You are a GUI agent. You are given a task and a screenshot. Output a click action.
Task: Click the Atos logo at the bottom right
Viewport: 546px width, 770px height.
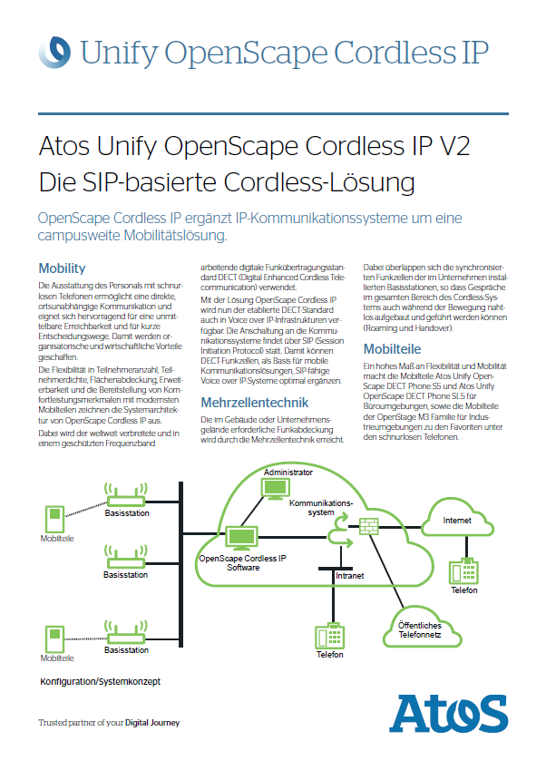pyautogui.click(x=448, y=713)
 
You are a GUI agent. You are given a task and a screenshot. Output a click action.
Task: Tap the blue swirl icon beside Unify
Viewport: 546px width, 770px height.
pyautogui.click(x=54, y=52)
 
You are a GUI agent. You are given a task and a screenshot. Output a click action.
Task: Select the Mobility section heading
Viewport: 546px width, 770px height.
pyautogui.click(x=62, y=268)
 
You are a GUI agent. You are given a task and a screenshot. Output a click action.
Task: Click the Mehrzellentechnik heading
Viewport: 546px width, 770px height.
pyautogui.click(x=254, y=403)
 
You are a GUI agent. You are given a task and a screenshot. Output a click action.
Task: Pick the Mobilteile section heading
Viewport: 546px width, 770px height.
pyautogui.click(x=392, y=349)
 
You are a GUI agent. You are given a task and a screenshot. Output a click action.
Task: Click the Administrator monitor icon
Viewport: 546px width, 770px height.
pyautogui.click(x=276, y=488)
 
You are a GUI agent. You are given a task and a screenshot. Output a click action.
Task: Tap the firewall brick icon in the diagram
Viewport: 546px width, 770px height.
pyautogui.click(x=369, y=526)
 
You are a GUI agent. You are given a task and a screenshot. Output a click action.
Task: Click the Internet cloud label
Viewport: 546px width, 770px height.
pyautogui.click(x=457, y=520)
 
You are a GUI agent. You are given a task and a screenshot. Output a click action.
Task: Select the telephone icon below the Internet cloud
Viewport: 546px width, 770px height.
pyautogui.click(x=463, y=571)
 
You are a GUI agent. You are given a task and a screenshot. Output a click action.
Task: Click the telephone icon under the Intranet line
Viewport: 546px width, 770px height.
pyautogui.click(x=329, y=636)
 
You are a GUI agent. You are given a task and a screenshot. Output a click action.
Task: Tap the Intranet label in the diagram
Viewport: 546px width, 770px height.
pyautogui.click(x=349, y=576)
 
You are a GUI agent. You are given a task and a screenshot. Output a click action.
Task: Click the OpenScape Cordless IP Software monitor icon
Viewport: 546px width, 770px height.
pyautogui.click(x=241, y=538)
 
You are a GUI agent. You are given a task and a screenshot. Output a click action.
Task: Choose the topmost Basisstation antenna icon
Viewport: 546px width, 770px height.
pyautogui.click(x=126, y=494)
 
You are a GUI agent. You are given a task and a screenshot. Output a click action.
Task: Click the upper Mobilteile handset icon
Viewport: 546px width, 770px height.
pyautogui.click(x=55, y=519)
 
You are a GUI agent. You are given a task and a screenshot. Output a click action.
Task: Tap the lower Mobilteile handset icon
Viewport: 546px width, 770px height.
pyautogui.click(x=55, y=639)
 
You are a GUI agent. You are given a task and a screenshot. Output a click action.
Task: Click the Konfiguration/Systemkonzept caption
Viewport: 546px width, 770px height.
pyautogui.click(x=100, y=682)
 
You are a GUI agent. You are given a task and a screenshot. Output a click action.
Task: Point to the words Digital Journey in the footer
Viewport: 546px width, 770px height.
pyautogui.click(x=152, y=723)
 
